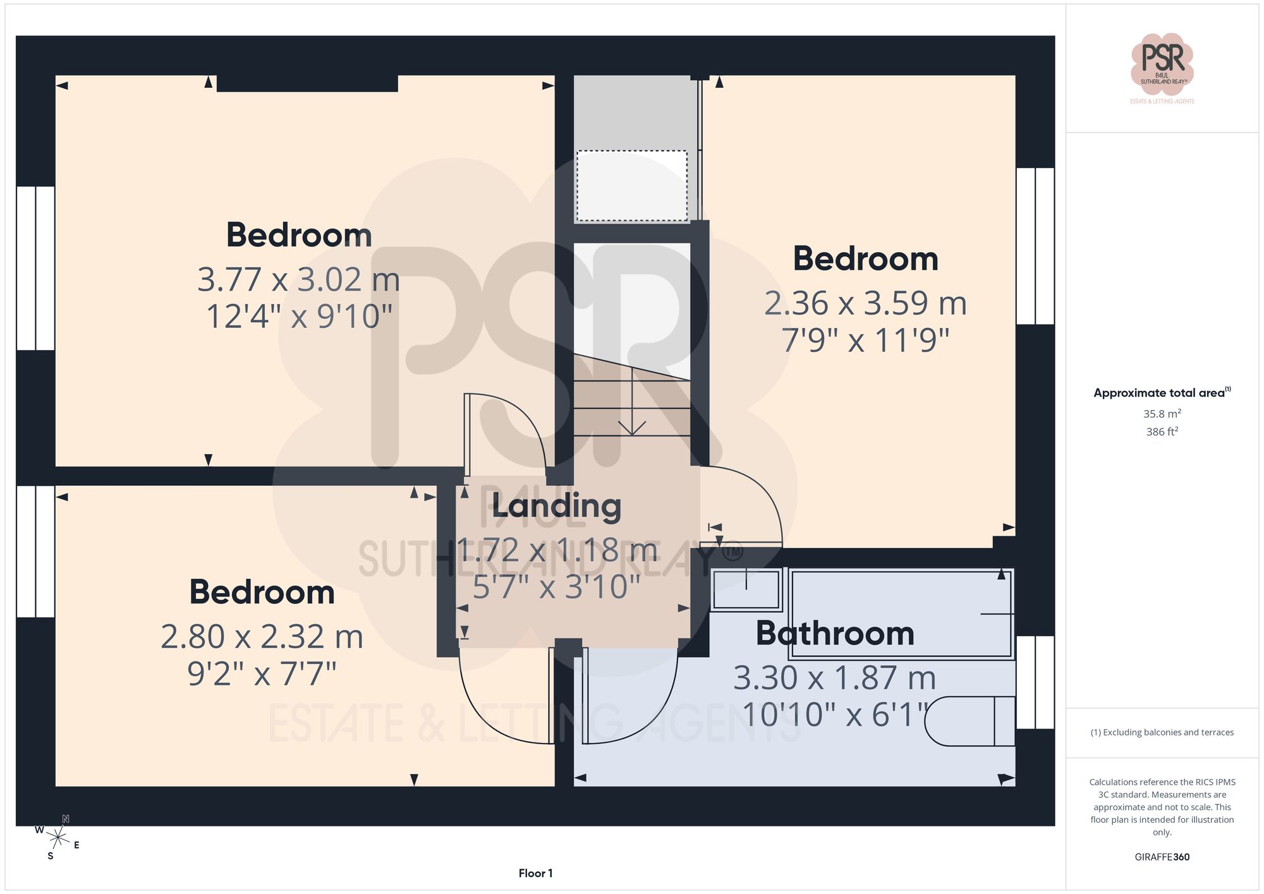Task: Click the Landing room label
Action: point(556,506)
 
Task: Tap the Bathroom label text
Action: point(835,633)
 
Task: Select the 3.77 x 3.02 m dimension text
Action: point(299,279)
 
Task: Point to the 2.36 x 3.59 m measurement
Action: point(865,303)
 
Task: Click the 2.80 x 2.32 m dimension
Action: point(262,636)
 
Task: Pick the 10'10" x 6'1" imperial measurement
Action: point(835,715)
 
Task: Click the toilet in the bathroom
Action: point(970,722)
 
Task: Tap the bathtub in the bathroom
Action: point(901,614)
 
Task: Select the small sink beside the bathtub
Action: point(746,589)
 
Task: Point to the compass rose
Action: point(58,838)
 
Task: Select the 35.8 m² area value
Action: point(1162,414)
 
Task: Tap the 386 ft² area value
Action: point(1162,432)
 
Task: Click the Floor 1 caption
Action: point(535,873)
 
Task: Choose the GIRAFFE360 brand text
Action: point(1162,857)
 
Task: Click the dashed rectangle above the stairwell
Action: point(631,186)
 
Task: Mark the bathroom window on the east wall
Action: point(1035,682)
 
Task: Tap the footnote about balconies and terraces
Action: point(1162,732)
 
